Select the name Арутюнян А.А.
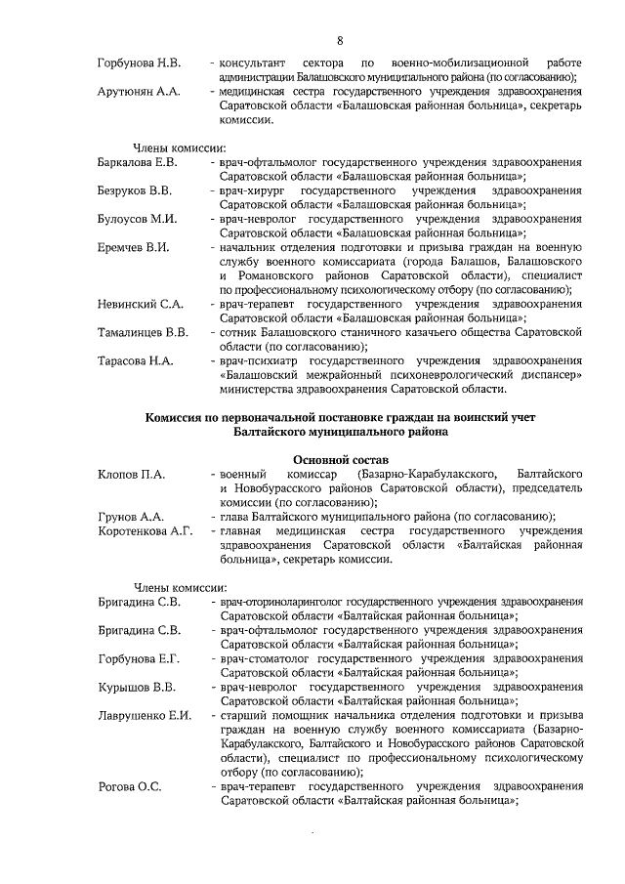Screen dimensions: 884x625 [x=139, y=91]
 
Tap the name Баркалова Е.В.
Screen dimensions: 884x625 [x=138, y=161]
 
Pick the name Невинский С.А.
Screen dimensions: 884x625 [x=138, y=304]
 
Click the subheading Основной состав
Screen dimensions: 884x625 [x=340, y=458]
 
